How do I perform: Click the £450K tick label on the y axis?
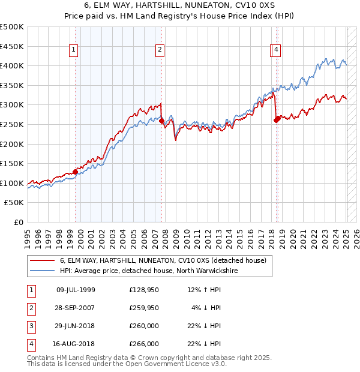[x=12, y=46]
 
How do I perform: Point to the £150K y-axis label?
[x=12, y=164]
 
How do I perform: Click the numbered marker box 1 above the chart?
[x=73, y=50]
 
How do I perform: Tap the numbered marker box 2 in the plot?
[x=160, y=50]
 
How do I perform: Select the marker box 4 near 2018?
[x=276, y=50]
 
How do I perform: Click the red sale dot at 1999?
[x=75, y=172]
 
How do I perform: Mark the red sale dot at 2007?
[x=161, y=121]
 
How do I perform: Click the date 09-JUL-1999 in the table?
[x=76, y=290]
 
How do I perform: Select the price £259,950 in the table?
[x=144, y=308]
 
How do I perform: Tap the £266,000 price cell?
[x=144, y=344]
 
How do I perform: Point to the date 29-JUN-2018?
[x=76, y=326]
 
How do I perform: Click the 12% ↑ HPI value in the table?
[x=204, y=290]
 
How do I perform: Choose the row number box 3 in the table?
[x=30, y=326]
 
